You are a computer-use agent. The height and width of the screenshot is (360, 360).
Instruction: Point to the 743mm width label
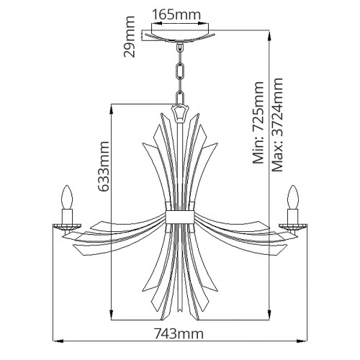coord(179,333)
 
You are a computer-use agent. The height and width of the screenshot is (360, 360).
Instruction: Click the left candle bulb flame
coord(68,197)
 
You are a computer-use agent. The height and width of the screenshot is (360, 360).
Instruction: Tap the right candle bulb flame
coord(293,197)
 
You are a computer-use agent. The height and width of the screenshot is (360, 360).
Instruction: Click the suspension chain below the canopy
coord(179,72)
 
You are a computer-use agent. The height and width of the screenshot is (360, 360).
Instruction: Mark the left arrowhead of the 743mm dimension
coord(59,343)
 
